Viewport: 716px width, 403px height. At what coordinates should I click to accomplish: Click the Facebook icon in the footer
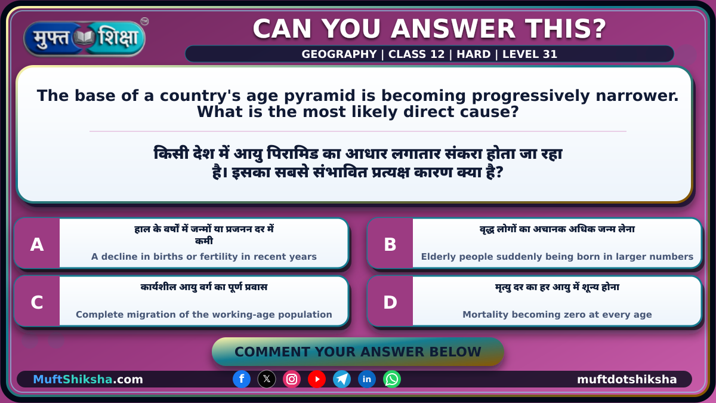point(242,379)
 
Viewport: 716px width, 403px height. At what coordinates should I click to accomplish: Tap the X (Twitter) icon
point(267,379)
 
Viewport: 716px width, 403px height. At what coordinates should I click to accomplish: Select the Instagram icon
point(292,379)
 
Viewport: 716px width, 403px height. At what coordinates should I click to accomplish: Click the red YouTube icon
point(317,379)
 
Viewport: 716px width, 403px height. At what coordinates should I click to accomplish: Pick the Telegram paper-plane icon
point(342,379)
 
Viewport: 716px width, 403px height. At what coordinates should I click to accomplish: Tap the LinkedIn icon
point(366,379)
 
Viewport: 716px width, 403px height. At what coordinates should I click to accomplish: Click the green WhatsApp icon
point(392,379)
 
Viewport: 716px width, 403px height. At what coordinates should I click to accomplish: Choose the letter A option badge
point(37,244)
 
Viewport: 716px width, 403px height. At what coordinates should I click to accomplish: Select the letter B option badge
point(390,244)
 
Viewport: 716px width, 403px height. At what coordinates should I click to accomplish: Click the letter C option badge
point(37,302)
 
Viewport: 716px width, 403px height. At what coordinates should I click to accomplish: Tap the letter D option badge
point(390,302)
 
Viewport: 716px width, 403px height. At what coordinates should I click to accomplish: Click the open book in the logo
point(84,38)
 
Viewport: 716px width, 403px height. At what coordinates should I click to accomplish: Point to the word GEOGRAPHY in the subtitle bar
point(339,54)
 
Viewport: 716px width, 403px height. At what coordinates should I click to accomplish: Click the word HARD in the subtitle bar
point(473,54)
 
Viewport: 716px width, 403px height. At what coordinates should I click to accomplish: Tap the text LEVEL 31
point(530,54)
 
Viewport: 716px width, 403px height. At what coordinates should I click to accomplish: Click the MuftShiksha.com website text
point(88,379)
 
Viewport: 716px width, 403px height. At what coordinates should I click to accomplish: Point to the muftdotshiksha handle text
point(627,379)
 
